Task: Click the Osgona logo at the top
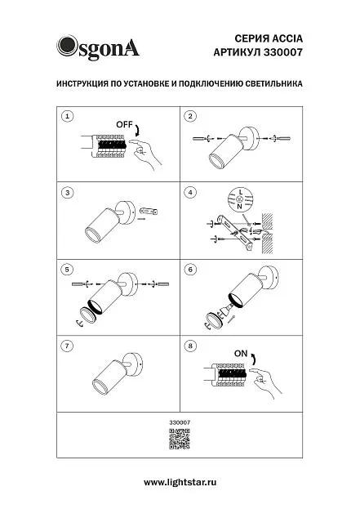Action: (98, 47)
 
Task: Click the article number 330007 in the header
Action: (282, 52)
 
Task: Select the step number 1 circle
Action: (68, 116)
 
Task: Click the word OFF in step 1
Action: (125, 125)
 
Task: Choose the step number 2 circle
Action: (190, 116)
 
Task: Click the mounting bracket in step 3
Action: (149, 212)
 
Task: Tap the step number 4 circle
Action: (190, 193)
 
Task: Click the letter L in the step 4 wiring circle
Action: (240, 192)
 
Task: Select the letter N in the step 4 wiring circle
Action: (240, 206)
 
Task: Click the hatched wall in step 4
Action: (267, 234)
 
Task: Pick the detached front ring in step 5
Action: (88, 315)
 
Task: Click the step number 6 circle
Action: (190, 270)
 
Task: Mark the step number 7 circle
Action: (68, 346)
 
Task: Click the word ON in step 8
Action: (241, 354)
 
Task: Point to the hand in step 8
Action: (266, 382)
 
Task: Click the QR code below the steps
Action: (180, 439)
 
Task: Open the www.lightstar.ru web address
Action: (180, 482)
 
